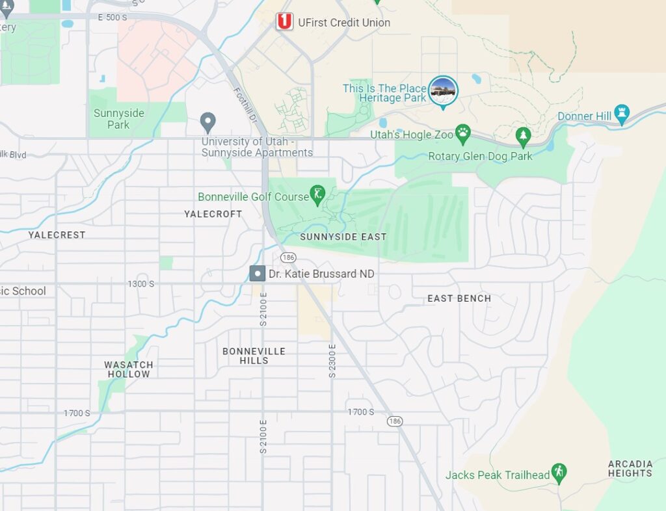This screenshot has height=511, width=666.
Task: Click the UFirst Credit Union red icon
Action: click(284, 22)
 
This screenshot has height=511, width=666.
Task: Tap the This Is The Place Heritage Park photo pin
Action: click(444, 90)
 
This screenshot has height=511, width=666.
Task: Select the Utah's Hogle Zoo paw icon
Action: click(462, 135)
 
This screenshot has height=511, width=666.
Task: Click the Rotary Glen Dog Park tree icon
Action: click(523, 137)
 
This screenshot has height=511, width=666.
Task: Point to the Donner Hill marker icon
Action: click(622, 115)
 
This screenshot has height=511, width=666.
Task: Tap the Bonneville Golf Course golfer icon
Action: click(317, 194)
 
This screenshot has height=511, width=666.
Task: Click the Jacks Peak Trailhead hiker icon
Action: click(559, 473)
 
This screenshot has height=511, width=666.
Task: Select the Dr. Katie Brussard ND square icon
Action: click(258, 274)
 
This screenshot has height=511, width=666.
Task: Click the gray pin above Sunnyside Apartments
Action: click(207, 122)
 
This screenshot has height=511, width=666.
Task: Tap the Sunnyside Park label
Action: click(119, 118)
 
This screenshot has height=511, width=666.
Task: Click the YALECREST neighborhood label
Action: click(57, 235)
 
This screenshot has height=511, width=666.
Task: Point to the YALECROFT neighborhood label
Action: click(213, 214)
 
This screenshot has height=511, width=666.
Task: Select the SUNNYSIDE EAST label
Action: click(343, 237)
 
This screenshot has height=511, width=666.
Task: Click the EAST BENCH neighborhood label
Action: click(459, 298)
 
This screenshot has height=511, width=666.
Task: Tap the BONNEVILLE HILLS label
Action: click(254, 356)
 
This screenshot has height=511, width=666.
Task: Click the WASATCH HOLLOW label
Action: click(128, 369)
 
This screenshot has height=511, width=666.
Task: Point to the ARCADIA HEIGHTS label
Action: click(630, 468)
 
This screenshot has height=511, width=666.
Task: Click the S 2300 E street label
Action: click(332, 361)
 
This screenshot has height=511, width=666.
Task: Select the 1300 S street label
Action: click(141, 284)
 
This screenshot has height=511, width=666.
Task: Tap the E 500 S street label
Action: click(113, 18)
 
